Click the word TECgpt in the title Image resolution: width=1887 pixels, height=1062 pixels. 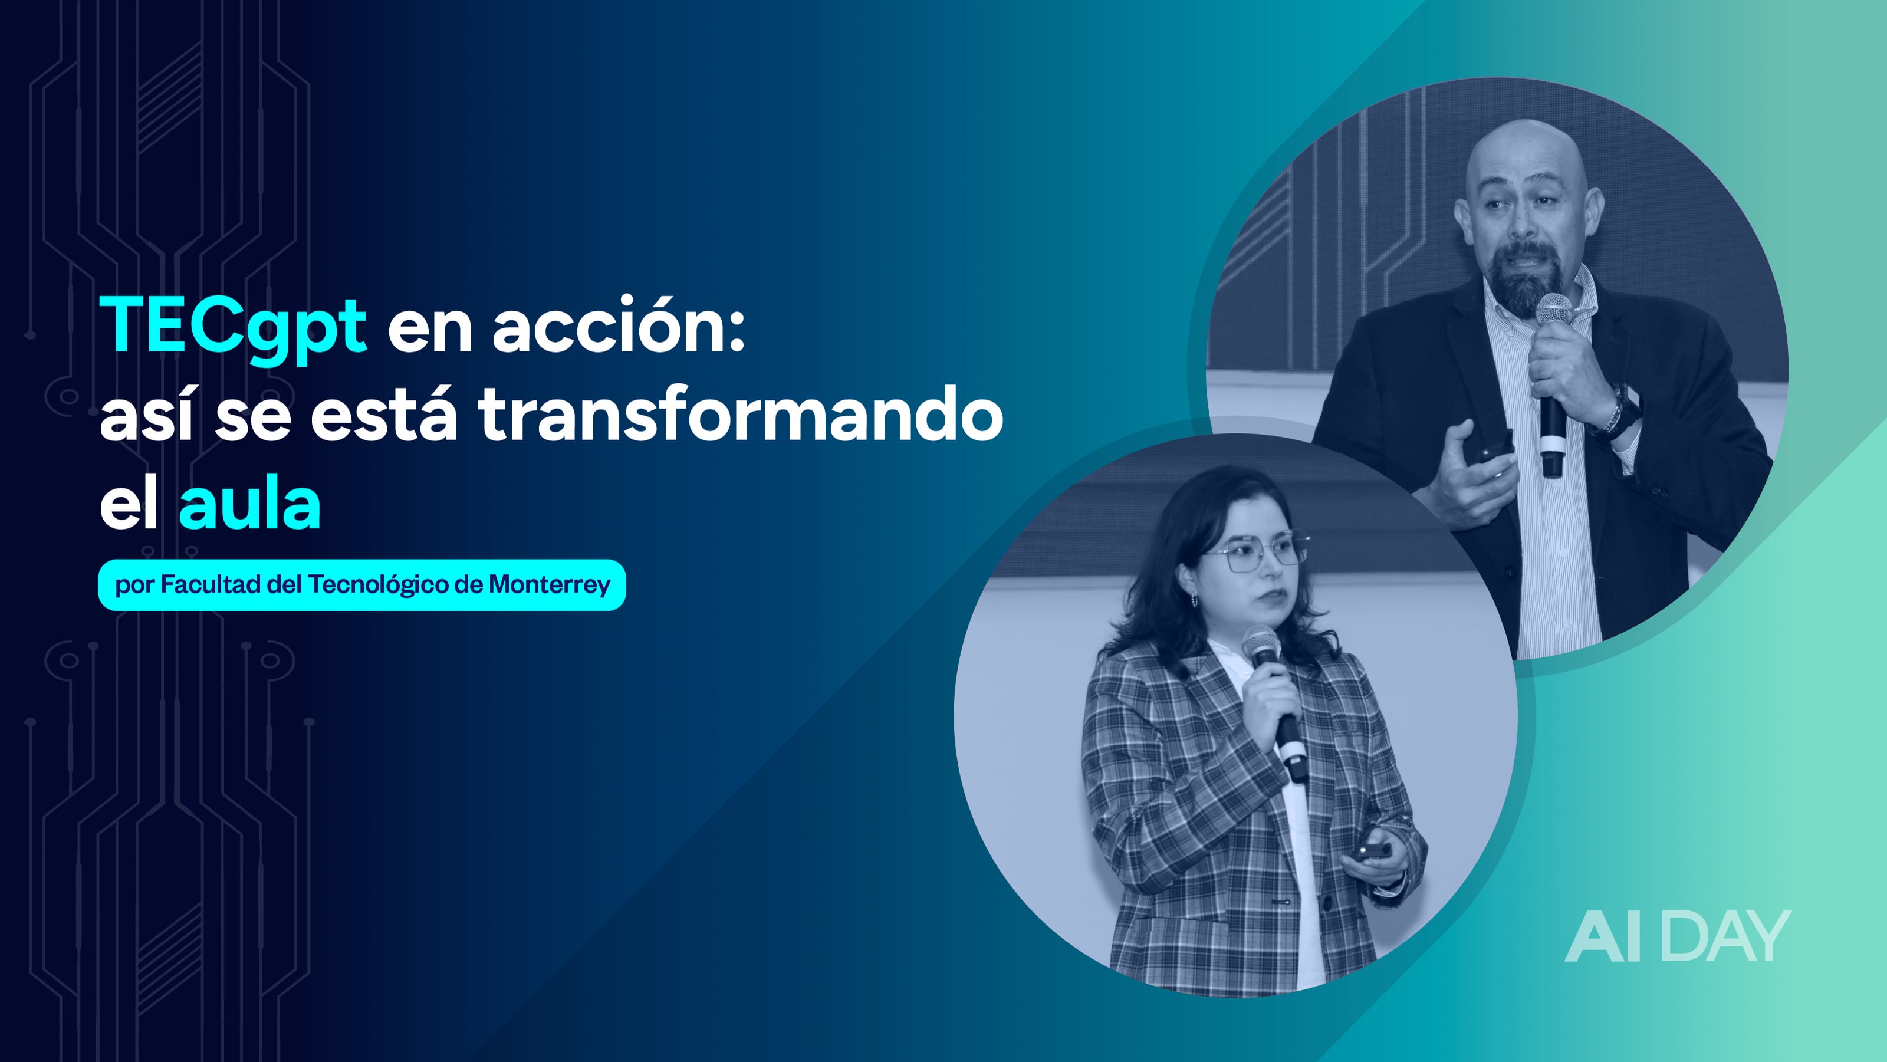[233, 326]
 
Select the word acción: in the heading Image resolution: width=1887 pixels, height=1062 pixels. [619, 326]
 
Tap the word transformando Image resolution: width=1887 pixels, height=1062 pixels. [741, 415]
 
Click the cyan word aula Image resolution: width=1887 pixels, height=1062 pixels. [250, 505]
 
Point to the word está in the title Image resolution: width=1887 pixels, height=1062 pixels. [384, 415]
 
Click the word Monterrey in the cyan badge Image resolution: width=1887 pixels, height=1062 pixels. [550, 584]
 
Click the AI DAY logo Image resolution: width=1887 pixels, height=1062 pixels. [1678, 936]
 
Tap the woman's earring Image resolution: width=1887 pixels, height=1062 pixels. [1195, 600]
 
